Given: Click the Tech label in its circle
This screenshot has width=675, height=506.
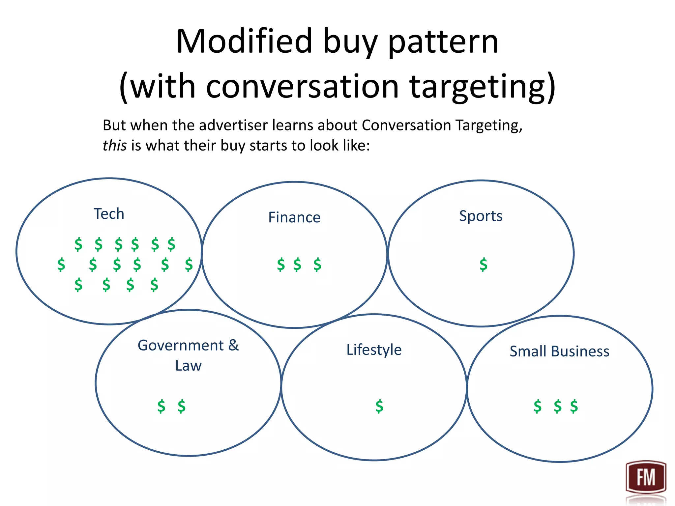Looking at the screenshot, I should pyautogui.click(x=109, y=214).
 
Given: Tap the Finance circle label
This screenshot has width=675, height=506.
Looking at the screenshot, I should pyautogui.click(x=294, y=217).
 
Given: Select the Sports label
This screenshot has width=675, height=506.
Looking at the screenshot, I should pyautogui.click(x=481, y=216).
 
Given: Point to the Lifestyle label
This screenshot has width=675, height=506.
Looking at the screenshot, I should pyautogui.click(x=374, y=350).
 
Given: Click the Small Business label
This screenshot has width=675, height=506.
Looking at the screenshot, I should pyautogui.click(x=559, y=351).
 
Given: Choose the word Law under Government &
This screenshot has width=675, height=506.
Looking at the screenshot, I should pyautogui.click(x=188, y=366).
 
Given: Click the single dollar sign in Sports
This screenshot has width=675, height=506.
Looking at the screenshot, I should pyautogui.click(x=483, y=265).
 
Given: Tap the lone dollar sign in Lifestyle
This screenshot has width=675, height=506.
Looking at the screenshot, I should pyautogui.click(x=379, y=406).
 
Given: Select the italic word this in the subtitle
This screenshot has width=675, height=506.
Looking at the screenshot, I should pyautogui.click(x=114, y=146).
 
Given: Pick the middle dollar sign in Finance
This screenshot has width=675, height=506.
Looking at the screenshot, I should pyautogui.click(x=297, y=265).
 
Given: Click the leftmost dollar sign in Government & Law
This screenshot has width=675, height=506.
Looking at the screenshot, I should pyautogui.click(x=161, y=406).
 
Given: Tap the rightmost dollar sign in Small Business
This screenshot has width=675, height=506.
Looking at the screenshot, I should pyautogui.click(x=574, y=406).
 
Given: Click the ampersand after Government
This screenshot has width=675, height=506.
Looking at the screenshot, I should pyautogui.click(x=233, y=345).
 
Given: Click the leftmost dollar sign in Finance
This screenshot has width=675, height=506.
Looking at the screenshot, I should pyautogui.click(x=281, y=265).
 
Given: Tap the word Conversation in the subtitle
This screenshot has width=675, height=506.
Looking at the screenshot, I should pyautogui.click(x=406, y=126).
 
